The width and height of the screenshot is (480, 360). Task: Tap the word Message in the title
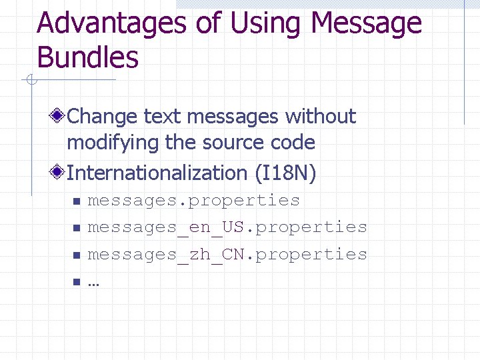click(x=366, y=24)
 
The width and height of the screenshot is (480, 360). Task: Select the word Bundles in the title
click(x=88, y=57)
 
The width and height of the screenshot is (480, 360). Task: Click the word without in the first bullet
click(x=321, y=117)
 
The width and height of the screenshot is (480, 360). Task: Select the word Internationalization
click(x=157, y=173)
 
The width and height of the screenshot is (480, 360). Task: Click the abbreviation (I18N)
click(x=285, y=173)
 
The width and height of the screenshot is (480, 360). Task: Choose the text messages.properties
click(x=194, y=200)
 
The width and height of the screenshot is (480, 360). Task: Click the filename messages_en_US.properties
click(x=227, y=227)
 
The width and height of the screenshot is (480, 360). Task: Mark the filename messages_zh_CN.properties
click(x=227, y=254)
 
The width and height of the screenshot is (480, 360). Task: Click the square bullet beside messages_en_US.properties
click(x=77, y=229)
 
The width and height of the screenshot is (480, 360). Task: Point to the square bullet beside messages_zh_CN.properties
click(x=77, y=255)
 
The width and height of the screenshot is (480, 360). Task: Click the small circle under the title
click(x=30, y=81)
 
